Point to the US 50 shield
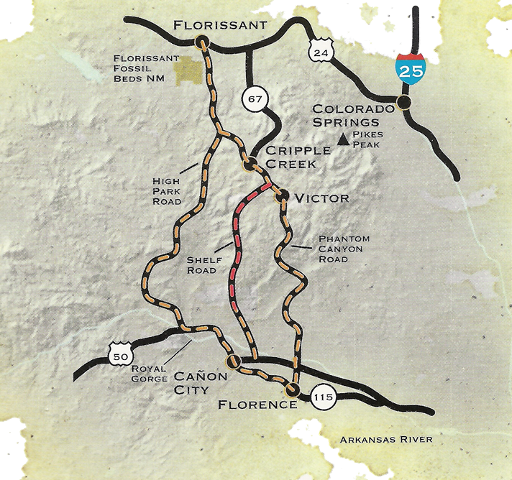(x=118, y=354)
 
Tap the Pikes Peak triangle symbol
(x=344, y=142)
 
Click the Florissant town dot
(x=201, y=42)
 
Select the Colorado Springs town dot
(x=405, y=103)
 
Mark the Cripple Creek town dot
(x=249, y=165)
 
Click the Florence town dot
(x=292, y=390)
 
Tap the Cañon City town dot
(x=232, y=361)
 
